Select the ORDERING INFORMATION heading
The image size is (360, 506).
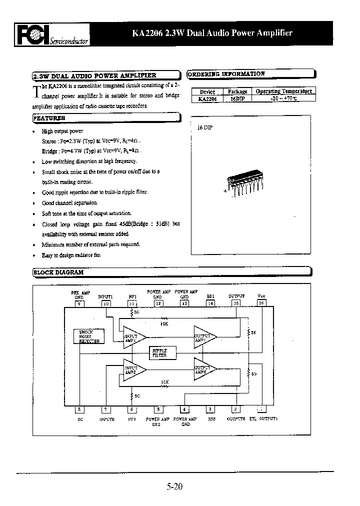pos(226,73)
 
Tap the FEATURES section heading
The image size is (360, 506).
pos(49,118)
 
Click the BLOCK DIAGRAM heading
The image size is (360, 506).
pos(58,272)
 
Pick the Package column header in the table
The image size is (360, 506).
pos(237,91)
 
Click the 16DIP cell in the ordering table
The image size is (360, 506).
pos(237,98)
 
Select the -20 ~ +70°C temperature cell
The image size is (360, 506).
pos(283,98)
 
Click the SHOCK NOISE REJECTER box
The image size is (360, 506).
pos(89,336)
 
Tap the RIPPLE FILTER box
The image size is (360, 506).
pos(159,353)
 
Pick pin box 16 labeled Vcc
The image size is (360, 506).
pos(261,303)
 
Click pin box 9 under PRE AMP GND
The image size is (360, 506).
pos(79,303)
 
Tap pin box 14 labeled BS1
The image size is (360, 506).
pos(210,303)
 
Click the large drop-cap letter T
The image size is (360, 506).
pos(36,92)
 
